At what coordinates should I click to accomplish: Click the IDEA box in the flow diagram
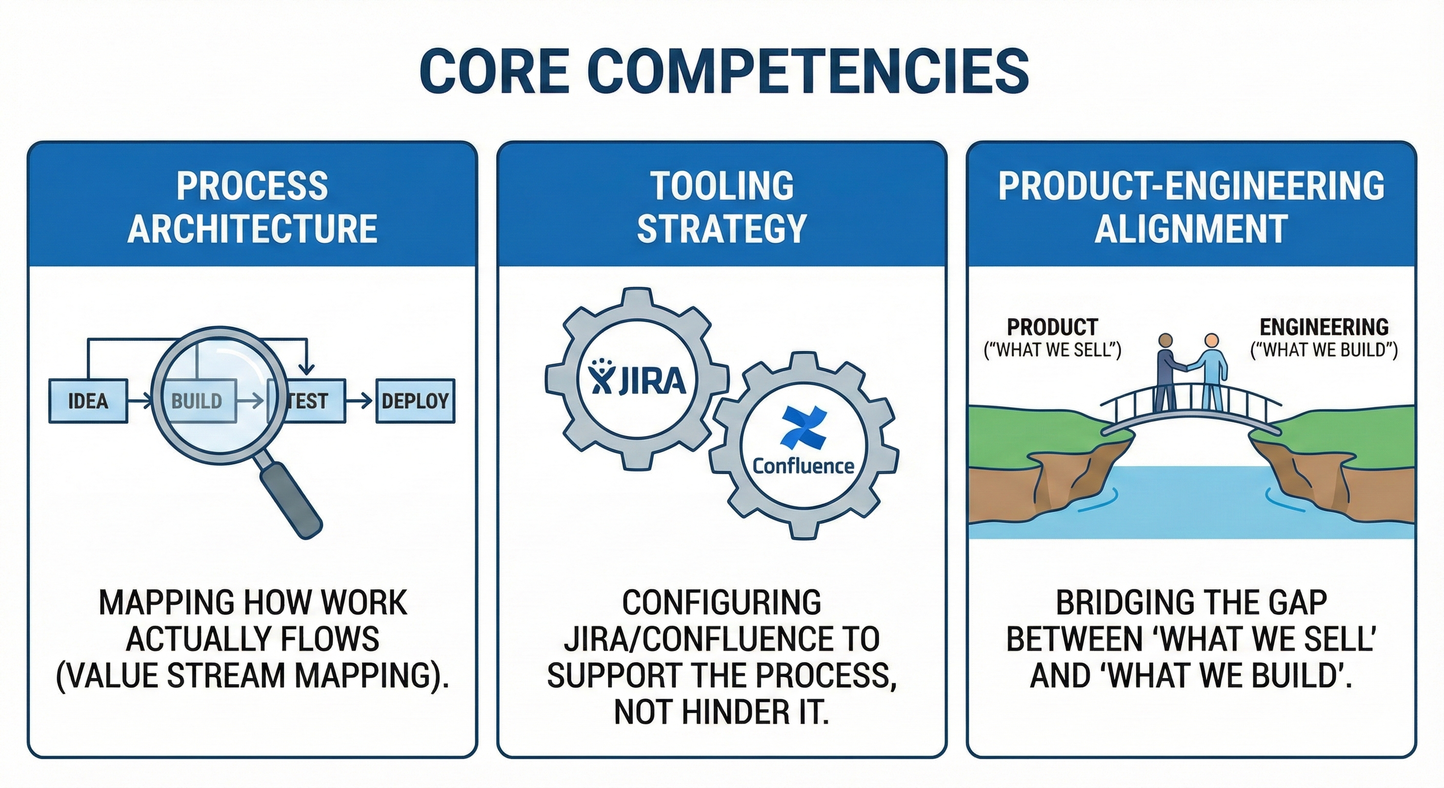[x=88, y=401]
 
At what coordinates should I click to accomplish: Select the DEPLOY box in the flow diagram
[x=415, y=401]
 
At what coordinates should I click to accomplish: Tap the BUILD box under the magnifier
[x=197, y=401]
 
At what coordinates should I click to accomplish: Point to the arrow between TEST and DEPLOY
[x=360, y=401]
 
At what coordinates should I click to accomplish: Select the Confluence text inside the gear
[x=803, y=466]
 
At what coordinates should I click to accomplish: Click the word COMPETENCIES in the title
[x=808, y=72]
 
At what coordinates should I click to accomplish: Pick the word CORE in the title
[x=495, y=72]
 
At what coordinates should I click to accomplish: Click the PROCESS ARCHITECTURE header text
[x=252, y=207]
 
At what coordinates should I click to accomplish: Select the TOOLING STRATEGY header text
[x=721, y=207]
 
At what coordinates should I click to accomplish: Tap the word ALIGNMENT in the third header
[x=1191, y=229]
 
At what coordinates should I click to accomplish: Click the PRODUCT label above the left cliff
[x=1052, y=328]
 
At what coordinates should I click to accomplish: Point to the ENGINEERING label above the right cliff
[x=1324, y=328]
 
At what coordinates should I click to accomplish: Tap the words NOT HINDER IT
[x=721, y=712]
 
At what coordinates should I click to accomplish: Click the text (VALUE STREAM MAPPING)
[x=252, y=675]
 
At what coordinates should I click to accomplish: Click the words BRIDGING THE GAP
[x=1191, y=603]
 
